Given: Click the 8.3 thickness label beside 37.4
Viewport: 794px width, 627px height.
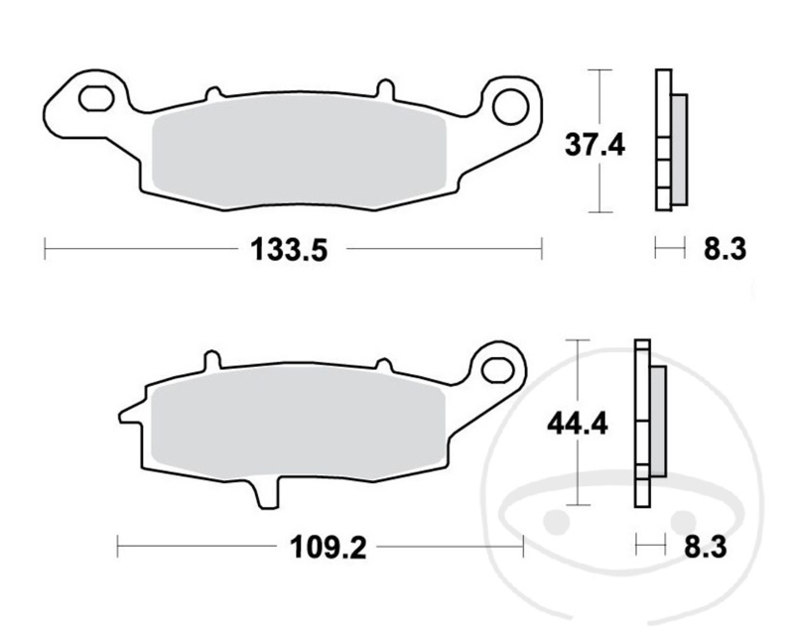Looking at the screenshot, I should (725, 250).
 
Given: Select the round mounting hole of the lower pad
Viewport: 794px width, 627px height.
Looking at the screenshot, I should (495, 368).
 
